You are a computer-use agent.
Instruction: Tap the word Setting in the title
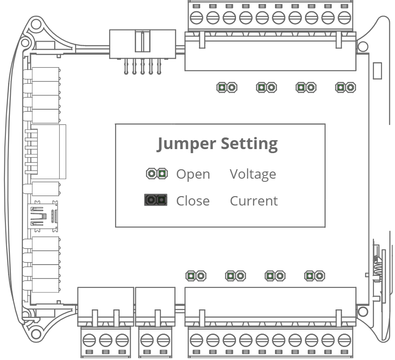pyautogui.click(x=249, y=144)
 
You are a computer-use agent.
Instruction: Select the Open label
pyautogui.click(x=193, y=174)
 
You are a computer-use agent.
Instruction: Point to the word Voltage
pyautogui.click(x=253, y=174)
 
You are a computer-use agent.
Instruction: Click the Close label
pyautogui.click(x=193, y=201)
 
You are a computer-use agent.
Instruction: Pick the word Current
pyautogui.click(x=253, y=201)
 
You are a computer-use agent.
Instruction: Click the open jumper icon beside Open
pyautogui.click(x=157, y=173)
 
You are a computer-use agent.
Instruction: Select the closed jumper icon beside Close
pyautogui.click(x=156, y=200)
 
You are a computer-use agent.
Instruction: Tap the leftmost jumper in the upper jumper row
pyautogui.click(x=227, y=87)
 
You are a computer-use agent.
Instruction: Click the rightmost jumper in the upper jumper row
pyautogui.click(x=346, y=87)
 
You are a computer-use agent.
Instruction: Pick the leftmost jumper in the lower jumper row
pyautogui.click(x=196, y=276)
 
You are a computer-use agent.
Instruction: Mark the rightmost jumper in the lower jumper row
pyautogui.click(x=314, y=276)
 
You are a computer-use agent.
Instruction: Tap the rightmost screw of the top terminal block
pyautogui.click(x=344, y=18)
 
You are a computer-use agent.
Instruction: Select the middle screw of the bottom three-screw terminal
pyautogui.click(x=105, y=340)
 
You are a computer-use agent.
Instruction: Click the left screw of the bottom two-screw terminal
pyautogui.click(x=146, y=340)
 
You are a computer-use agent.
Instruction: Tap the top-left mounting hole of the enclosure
pyautogui.click(x=25, y=43)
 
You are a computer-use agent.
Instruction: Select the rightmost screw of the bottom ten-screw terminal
pyautogui.click(x=344, y=340)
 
